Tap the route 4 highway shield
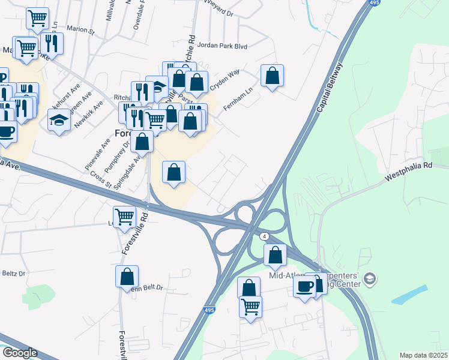[264, 237]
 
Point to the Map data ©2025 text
[423, 355]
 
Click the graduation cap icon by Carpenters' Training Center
[370, 278]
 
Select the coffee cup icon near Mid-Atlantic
[305, 286]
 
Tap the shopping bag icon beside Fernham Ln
[272, 76]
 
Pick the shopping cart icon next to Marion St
[37, 19]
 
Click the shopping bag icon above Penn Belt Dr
[127, 277]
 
